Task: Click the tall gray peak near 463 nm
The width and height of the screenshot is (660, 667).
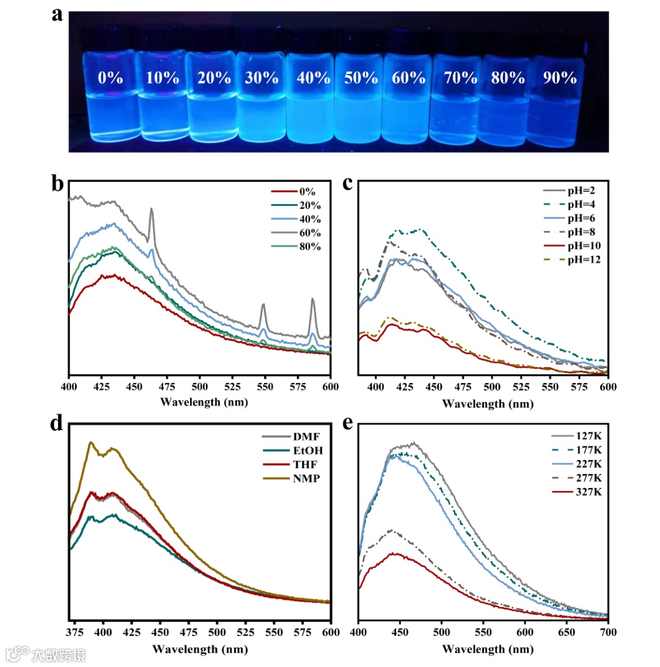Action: (x=152, y=210)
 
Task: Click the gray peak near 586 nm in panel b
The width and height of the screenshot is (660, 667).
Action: (x=312, y=299)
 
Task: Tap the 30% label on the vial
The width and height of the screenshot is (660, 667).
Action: (x=262, y=78)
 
